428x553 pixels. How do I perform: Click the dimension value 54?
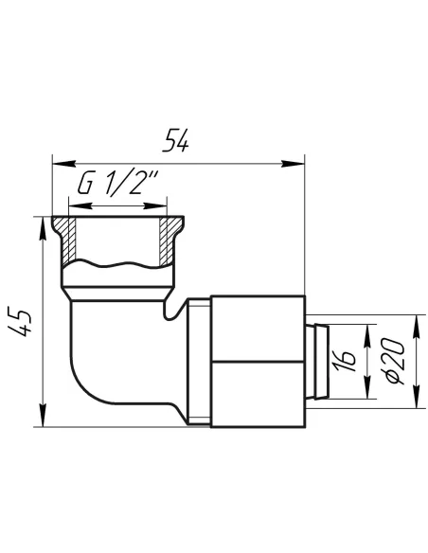175,140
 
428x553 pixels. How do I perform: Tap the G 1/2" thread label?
118,183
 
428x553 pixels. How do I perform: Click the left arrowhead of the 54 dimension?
63,164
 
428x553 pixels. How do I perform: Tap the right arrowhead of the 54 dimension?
293,164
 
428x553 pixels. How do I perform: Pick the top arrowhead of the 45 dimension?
43,229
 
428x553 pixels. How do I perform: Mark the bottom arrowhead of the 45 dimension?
43,415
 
